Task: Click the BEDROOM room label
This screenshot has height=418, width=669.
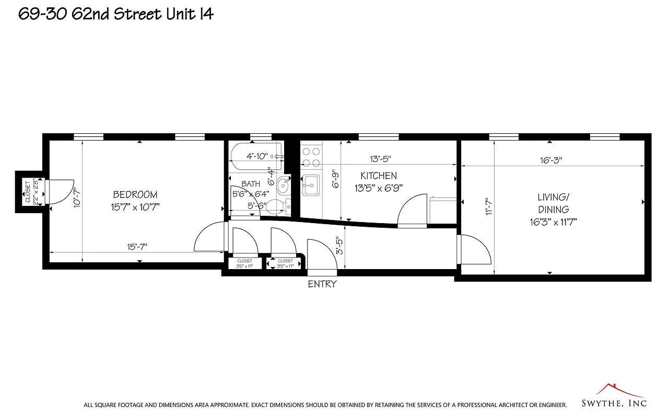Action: (135, 195)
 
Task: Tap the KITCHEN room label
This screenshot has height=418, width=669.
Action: (379, 176)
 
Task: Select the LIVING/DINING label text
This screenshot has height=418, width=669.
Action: (554, 203)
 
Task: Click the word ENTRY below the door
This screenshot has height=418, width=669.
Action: (322, 284)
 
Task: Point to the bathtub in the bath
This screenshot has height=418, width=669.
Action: (256, 156)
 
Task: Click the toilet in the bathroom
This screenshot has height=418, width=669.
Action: (283, 205)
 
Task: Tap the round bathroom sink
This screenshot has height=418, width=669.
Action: (284, 184)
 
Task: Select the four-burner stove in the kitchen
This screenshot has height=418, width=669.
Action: (312, 156)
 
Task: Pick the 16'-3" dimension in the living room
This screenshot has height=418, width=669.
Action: (551, 160)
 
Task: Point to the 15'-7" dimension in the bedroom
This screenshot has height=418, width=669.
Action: (136, 247)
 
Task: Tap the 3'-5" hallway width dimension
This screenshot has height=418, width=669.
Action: (340, 246)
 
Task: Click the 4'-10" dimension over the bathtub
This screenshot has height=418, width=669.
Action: (257, 156)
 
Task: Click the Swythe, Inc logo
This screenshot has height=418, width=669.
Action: (614, 396)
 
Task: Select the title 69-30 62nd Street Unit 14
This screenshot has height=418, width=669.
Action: (116, 14)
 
